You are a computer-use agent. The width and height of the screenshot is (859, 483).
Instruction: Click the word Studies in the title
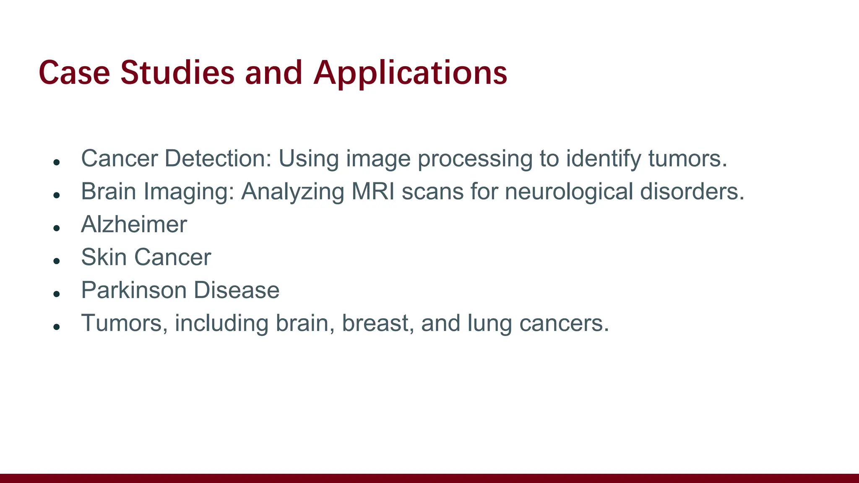pyautogui.click(x=177, y=73)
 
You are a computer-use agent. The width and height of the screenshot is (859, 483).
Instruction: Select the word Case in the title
pyautogui.click(x=74, y=73)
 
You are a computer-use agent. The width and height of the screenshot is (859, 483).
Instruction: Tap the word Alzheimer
pyautogui.click(x=134, y=224)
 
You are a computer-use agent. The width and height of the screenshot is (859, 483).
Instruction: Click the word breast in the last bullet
pyautogui.click(x=375, y=323)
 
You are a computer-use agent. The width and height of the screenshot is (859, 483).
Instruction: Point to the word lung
pyautogui.click(x=489, y=324)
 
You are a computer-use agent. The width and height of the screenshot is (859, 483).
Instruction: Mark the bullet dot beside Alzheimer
pyautogui.click(x=57, y=228)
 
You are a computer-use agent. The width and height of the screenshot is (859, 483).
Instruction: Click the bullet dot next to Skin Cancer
pyautogui.click(x=57, y=261)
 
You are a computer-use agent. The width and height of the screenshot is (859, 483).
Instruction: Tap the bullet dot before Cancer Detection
pyautogui.click(x=57, y=162)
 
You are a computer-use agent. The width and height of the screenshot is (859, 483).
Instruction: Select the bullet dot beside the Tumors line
pyautogui.click(x=57, y=327)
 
